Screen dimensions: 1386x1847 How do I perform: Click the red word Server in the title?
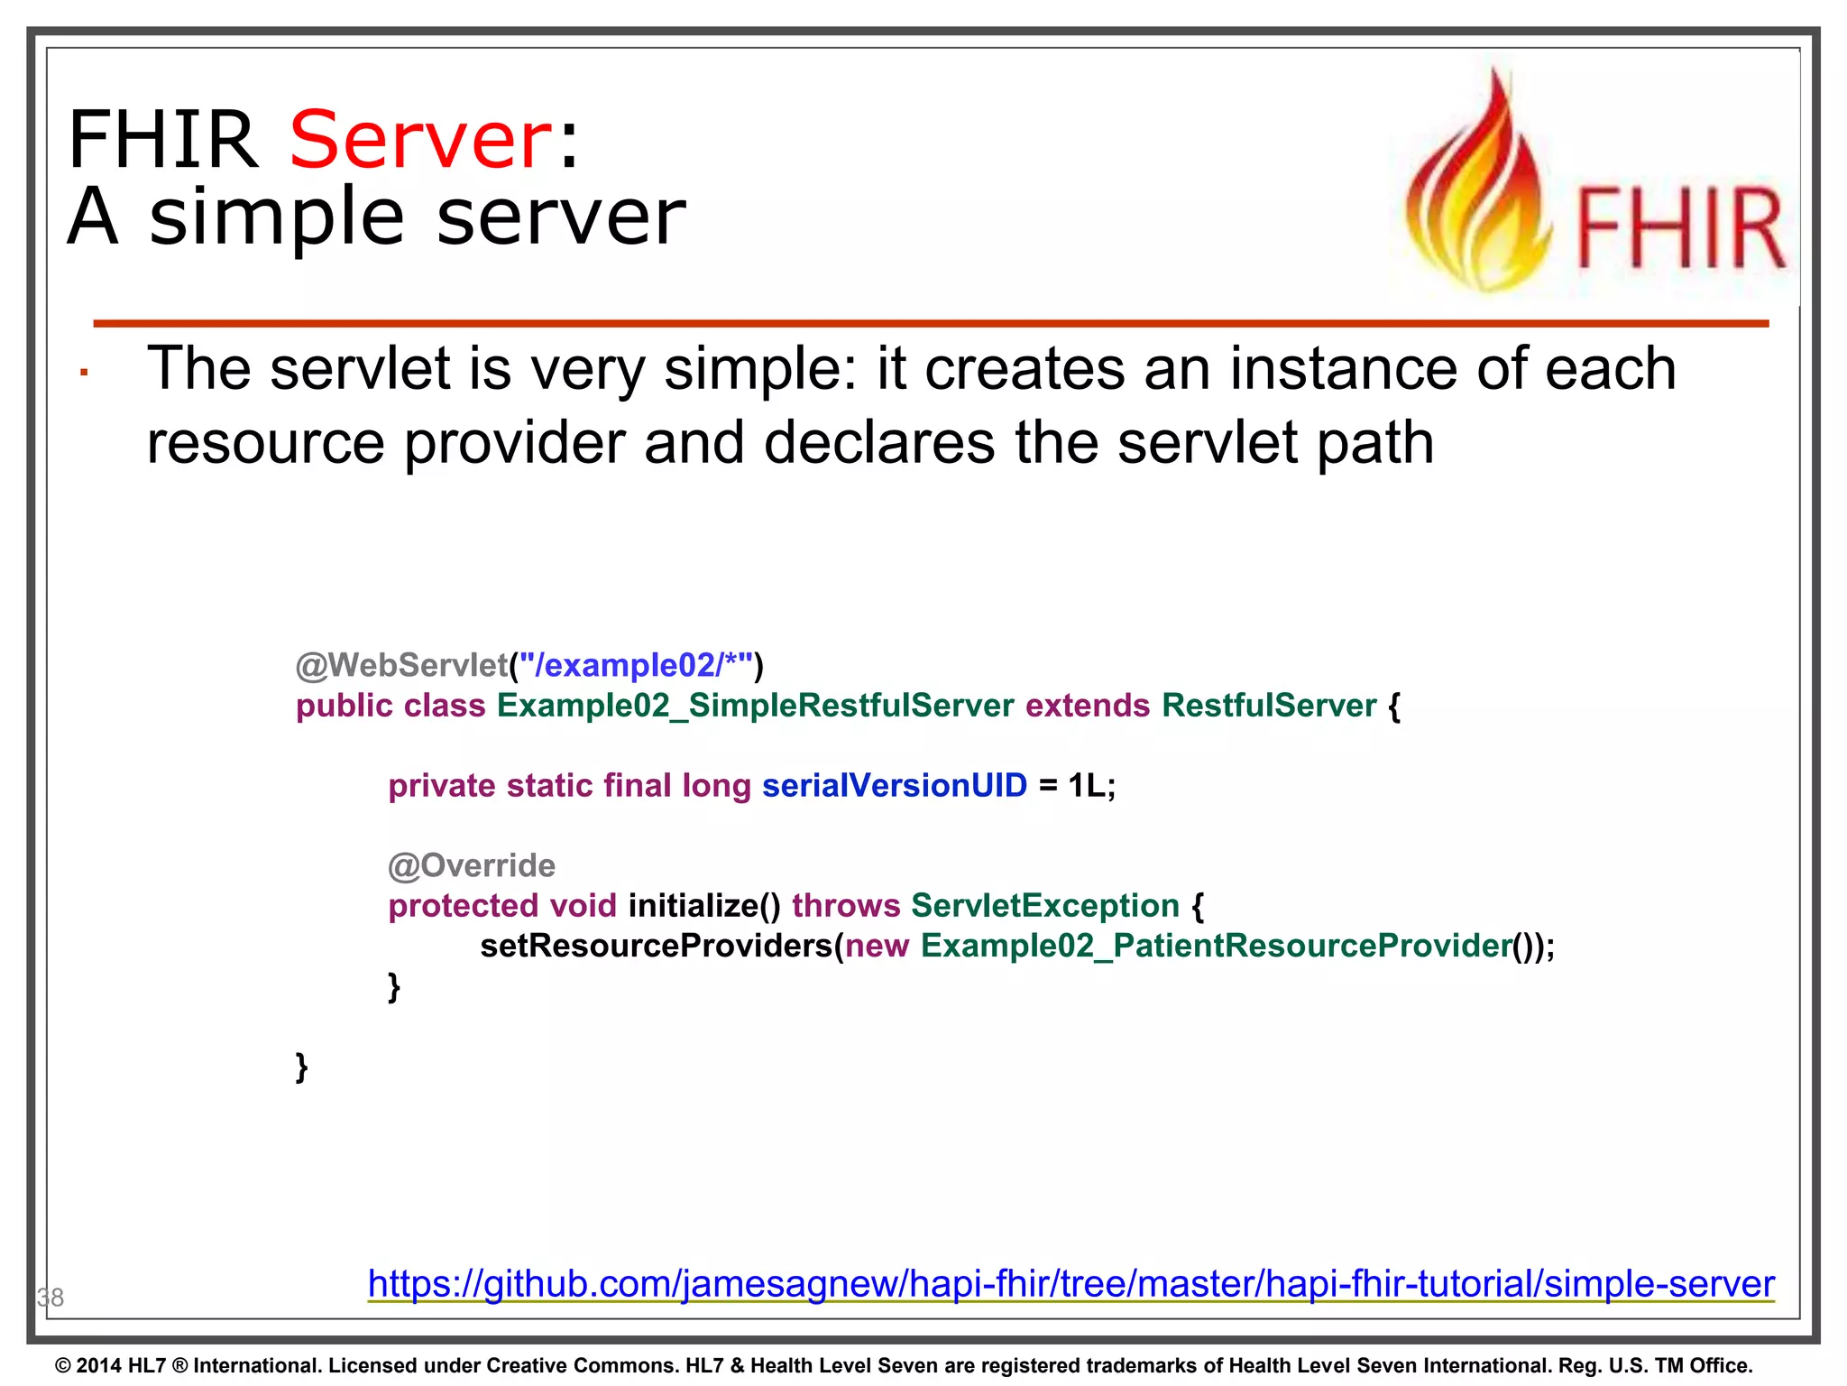coord(420,140)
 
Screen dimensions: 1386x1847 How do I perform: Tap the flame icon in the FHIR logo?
coord(1479,189)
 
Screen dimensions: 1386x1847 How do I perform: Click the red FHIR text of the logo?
coord(1679,229)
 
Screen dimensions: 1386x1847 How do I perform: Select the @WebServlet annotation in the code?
coord(401,666)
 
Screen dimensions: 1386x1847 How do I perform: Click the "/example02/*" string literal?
coord(636,666)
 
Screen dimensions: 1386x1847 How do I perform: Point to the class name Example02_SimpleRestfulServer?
coord(755,706)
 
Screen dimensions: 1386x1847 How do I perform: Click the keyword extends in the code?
coord(1087,706)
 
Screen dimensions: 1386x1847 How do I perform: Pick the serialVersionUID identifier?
coord(894,786)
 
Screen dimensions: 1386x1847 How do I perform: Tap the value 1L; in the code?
coord(1092,786)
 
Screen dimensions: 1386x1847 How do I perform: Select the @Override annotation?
coord(471,866)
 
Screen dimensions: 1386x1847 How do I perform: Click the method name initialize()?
coord(704,906)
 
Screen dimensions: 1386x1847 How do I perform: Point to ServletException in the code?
coord(1044,906)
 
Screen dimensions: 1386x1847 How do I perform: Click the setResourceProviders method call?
coord(657,946)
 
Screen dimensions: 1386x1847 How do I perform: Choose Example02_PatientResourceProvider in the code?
coord(1216,946)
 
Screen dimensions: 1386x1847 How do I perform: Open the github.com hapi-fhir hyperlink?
coord(1071,1284)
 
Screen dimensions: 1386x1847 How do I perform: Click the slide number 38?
coord(51,1298)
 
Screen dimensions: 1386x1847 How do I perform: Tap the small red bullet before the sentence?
coord(83,373)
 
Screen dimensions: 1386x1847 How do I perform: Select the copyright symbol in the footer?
coord(63,1366)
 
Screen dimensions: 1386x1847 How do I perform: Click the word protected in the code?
coord(463,906)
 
